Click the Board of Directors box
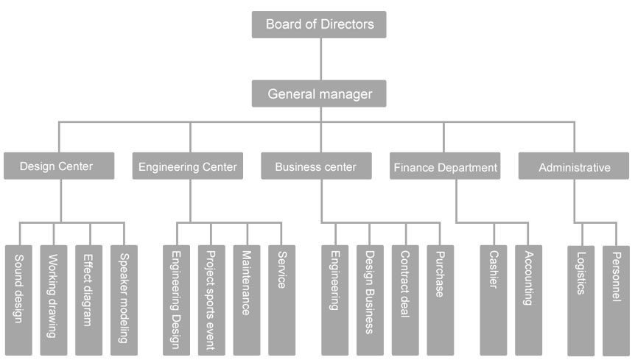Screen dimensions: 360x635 [x=319, y=24]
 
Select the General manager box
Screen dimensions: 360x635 [x=319, y=93]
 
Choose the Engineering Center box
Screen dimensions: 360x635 [x=189, y=166]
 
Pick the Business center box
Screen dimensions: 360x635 [x=316, y=166]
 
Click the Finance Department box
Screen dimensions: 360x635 [x=446, y=166]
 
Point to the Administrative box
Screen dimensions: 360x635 [x=575, y=166]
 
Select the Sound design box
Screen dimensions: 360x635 [x=18, y=300]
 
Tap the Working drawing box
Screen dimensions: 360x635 [x=54, y=300]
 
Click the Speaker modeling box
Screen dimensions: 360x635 [x=124, y=300]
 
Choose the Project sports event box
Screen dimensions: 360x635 [x=211, y=300]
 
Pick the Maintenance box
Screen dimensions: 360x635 [x=247, y=300]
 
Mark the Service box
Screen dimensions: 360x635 [x=281, y=300]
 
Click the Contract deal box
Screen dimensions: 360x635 [x=405, y=300]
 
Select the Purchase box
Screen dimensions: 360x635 [x=440, y=300]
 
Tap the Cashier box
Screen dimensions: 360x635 [x=494, y=300]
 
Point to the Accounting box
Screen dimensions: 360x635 [x=528, y=300]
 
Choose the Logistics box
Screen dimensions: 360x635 [x=581, y=300]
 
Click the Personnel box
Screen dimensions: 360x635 [x=616, y=300]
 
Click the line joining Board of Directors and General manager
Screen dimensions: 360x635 [x=320, y=59]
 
